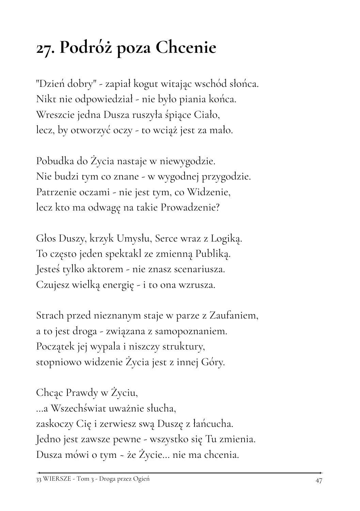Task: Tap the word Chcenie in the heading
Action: pos(186,48)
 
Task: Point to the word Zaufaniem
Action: pos(233,315)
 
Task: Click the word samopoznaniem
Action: pos(192,331)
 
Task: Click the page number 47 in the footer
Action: pos(319,480)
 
